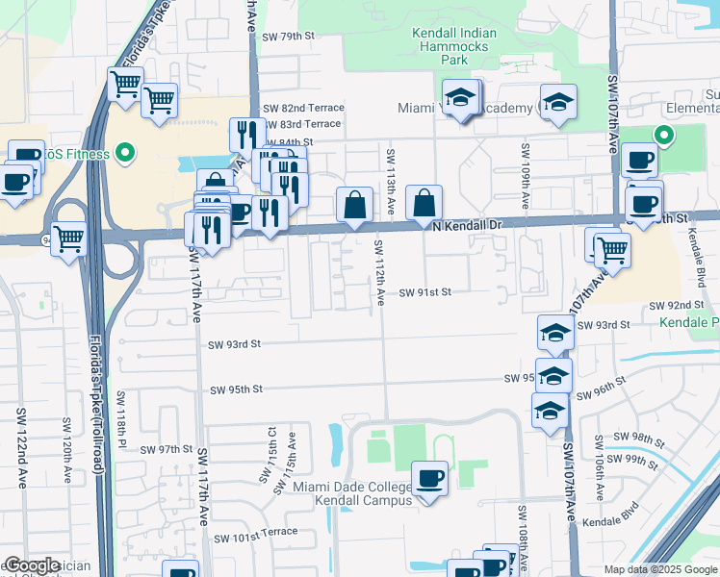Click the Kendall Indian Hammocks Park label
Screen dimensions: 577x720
(x=441, y=45)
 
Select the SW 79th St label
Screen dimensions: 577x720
(x=289, y=36)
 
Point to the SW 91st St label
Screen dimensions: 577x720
(x=425, y=291)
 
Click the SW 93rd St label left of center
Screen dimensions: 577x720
(x=236, y=343)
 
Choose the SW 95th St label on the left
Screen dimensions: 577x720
(x=237, y=389)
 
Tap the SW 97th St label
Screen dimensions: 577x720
(x=167, y=449)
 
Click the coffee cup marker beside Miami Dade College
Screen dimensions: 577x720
(x=429, y=477)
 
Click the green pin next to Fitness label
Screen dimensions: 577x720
(x=124, y=152)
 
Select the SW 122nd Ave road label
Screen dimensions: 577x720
(x=20, y=447)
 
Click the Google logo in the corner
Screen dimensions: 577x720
(x=31, y=565)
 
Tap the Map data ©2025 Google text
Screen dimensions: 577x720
(x=659, y=569)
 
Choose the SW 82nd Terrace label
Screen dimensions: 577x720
(x=303, y=109)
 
